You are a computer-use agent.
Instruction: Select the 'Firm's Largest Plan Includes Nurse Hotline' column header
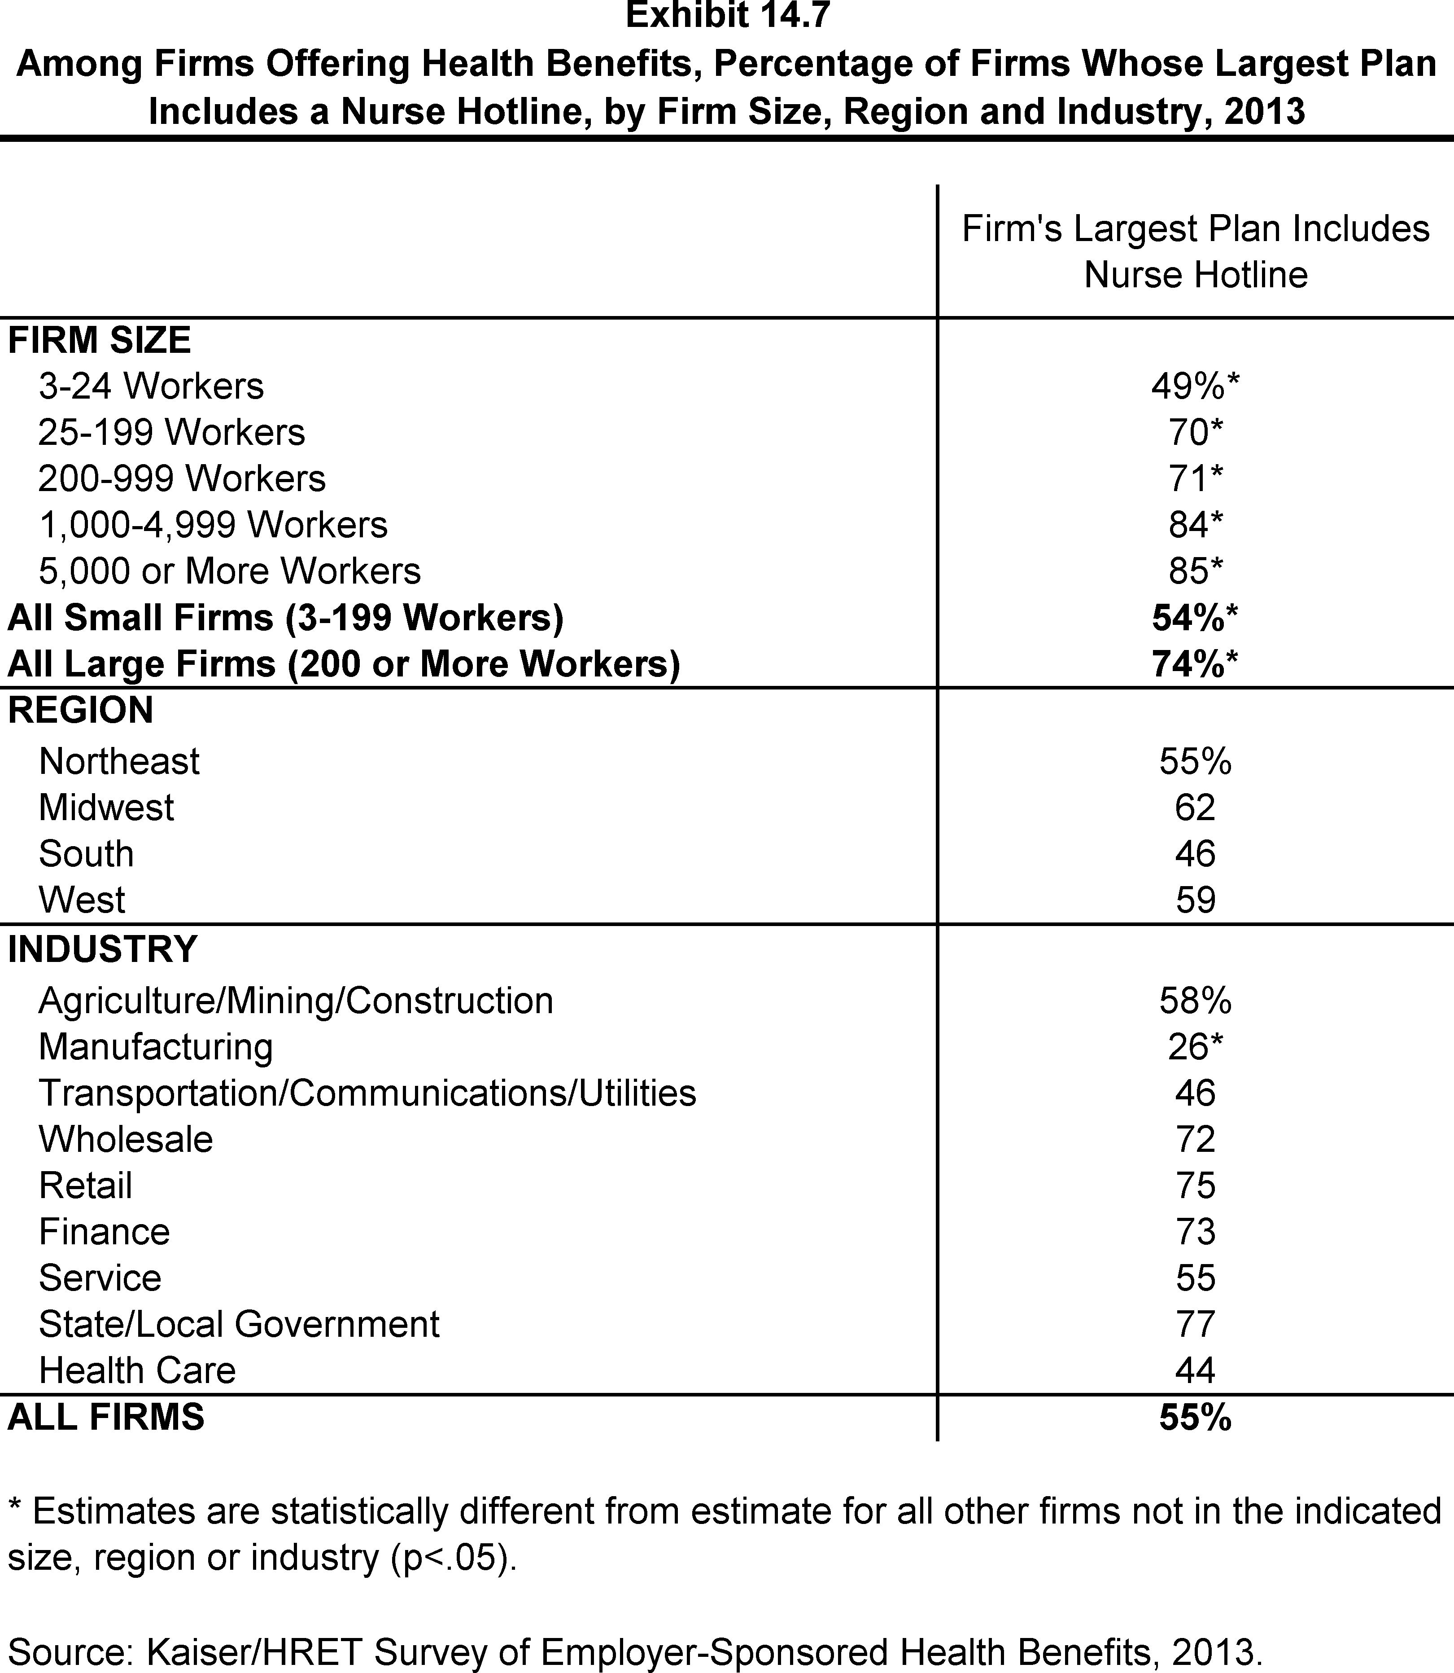[1195, 252]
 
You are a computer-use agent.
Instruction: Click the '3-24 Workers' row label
[151, 386]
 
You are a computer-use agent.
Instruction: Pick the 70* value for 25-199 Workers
[1195, 433]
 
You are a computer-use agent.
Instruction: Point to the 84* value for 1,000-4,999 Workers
[1195, 525]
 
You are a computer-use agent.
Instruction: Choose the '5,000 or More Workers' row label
[230, 571]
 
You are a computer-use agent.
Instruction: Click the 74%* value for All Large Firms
[1195, 664]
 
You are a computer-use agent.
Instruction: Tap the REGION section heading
[80, 710]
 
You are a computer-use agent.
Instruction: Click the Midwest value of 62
[1195, 808]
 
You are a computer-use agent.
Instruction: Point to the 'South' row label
[86, 854]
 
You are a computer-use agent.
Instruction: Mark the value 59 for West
[1195, 900]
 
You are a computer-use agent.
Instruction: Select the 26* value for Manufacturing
[1195, 1047]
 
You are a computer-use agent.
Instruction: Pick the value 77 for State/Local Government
[1195, 1324]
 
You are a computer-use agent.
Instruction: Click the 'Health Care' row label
[137, 1370]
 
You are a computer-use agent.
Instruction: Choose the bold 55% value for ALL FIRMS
[1195, 1417]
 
